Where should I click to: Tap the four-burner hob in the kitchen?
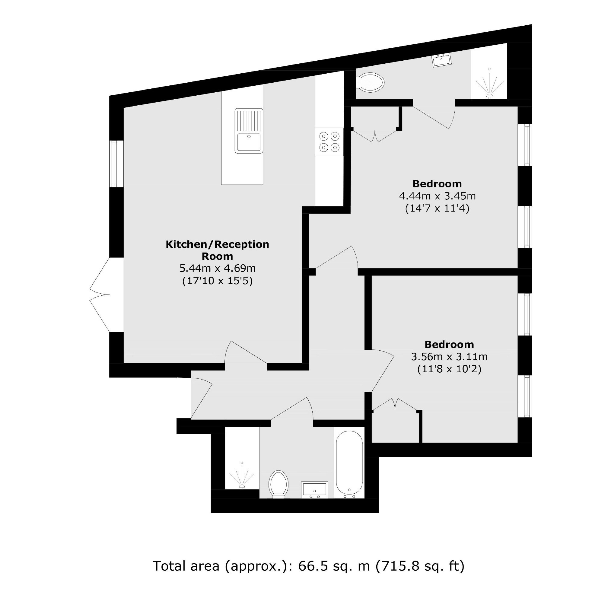(x=329, y=142)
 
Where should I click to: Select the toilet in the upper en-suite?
(x=370, y=83)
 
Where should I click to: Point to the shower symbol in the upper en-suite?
(x=490, y=84)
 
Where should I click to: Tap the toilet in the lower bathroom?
(x=278, y=484)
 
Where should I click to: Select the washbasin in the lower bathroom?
(x=314, y=490)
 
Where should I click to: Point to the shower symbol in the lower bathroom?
(x=242, y=476)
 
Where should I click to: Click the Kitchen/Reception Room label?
(x=217, y=250)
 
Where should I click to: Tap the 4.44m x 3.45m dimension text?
(x=438, y=196)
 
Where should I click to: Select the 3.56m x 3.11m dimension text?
(x=449, y=357)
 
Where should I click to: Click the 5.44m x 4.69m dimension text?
(x=218, y=268)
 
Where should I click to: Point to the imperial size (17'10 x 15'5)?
(x=218, y=281)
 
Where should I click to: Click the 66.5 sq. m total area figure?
(x=334, y=566)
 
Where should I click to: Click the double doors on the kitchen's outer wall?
(x=100, y=295)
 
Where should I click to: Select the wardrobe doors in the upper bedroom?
(x=375, y=136)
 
